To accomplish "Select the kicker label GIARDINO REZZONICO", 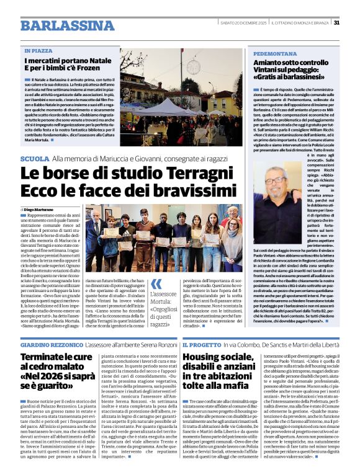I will (x=51, y=343).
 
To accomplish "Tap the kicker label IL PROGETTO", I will (x=201, y=343).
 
